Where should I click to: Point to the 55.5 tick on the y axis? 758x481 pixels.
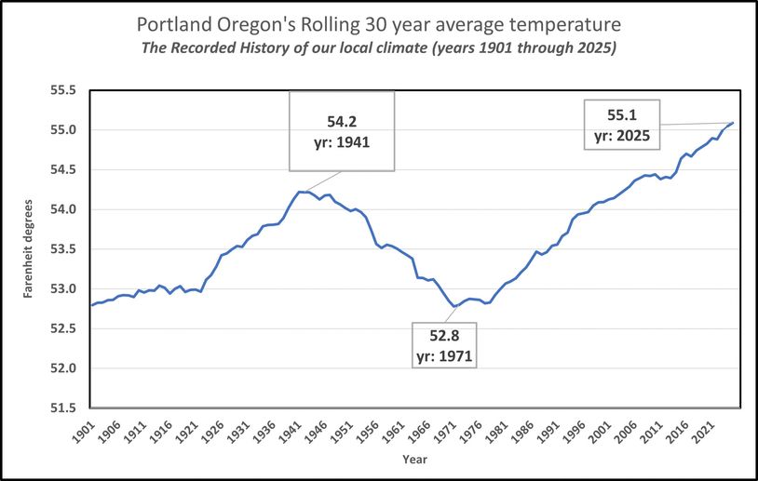tap(67, 91)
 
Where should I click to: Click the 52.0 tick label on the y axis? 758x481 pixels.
tap(67, 368)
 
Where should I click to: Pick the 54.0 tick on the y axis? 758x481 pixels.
tap(67, 210)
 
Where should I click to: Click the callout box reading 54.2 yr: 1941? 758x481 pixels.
tap(341, 130)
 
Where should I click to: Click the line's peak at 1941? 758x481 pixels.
tap(299, 192)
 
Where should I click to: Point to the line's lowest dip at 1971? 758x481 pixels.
tap(453, 306)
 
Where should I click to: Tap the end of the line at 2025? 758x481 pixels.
tap(733, 123)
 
